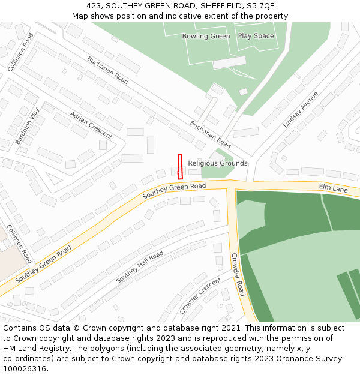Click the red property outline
(179, 166)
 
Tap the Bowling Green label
(206, 36)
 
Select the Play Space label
(256, 36)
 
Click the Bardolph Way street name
(27, 126)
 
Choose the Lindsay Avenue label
(301, 110)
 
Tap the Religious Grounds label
(217, 163)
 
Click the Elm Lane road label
(333, 188)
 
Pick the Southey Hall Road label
(139, 268)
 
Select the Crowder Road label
(238, 274)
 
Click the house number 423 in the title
(94, 6)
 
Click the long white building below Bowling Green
(229, 63)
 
